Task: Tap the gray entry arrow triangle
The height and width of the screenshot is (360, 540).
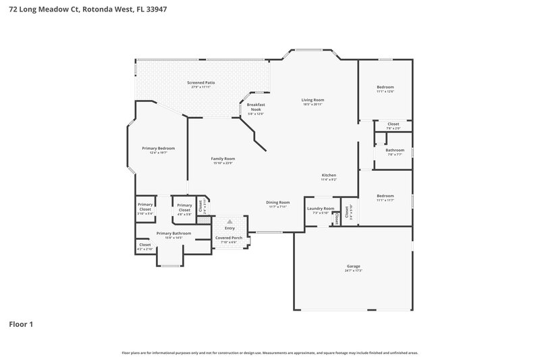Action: pos(230,221)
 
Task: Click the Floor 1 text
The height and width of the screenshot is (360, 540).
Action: pos(21,324)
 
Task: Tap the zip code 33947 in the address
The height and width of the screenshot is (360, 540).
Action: pos(155,9)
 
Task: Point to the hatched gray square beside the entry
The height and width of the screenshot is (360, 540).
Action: pos(203,221)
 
